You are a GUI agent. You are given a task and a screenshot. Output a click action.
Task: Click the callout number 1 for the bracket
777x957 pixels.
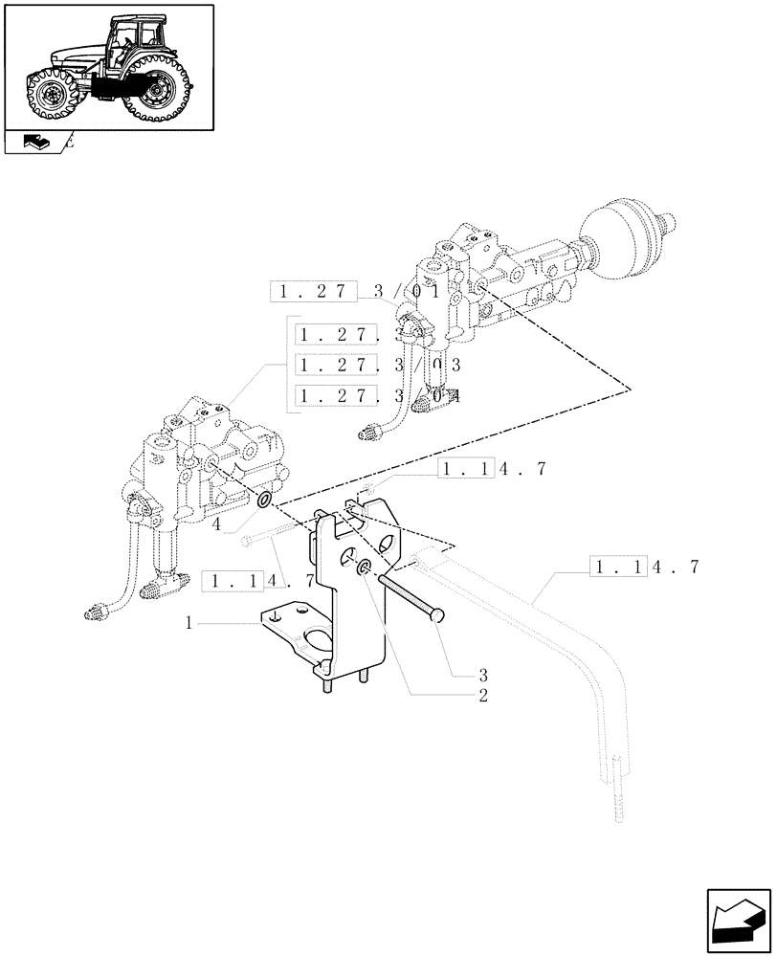(x=189, y=622)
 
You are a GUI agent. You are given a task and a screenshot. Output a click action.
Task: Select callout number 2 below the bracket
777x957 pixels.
(x=483, y=696)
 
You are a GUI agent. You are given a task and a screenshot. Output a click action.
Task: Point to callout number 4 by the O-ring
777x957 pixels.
(x=219, y=524)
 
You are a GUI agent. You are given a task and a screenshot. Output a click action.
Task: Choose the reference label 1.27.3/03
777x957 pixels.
(x=379, y=366)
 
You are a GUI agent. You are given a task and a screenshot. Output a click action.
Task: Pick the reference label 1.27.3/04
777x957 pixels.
(x=379, y=395)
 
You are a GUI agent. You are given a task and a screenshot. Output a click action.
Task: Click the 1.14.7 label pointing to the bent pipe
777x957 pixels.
(x=646, y=567)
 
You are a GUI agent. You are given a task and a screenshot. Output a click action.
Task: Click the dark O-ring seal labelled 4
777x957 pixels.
(x=263, y=501)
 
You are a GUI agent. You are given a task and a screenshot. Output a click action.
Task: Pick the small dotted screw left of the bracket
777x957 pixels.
(x=247, y=542)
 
